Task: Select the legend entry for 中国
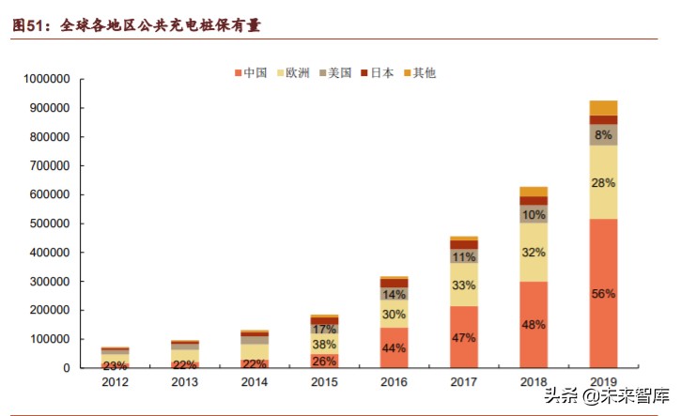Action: click(x=251, y=72)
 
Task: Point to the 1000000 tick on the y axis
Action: click(x=44, y=79)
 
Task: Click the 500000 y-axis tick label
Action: click(x=47, y=223)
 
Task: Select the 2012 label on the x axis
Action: click(x=116, y=383)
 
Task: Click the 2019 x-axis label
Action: click(x=603, y=383)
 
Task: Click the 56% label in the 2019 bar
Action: click(x=603, y=294)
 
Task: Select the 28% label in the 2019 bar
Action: click(x=603, y=183)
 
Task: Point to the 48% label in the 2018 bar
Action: click(x=534, y=325)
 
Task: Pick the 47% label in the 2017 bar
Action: click(x=463, y=337)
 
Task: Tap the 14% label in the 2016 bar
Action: click(x=394, y=294)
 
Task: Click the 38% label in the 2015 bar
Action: click(x=324, y=344)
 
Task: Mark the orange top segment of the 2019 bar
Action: click(x=603, y=107)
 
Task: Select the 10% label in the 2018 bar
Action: click(x=534, y=214)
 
